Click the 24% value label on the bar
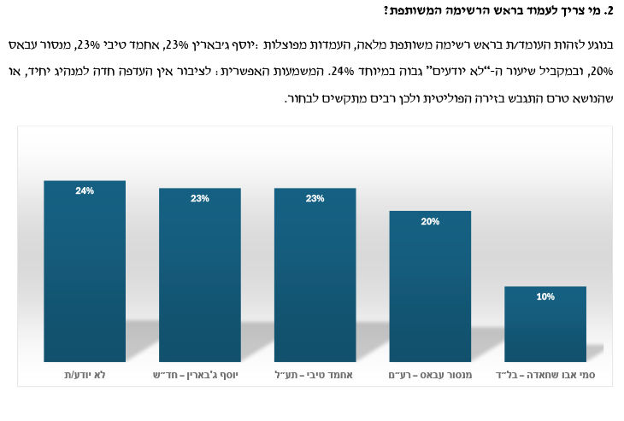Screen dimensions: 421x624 (84, 191)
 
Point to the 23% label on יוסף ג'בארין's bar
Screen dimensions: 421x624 (199, 199)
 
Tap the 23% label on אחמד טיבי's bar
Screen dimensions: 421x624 (315, 199)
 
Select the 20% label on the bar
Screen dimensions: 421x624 (430, 221)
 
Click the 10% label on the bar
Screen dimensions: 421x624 (545, 296)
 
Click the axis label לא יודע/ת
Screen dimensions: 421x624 (84, 376)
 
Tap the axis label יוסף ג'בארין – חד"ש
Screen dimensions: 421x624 (199, 376)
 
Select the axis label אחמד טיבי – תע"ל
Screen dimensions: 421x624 (315, 376)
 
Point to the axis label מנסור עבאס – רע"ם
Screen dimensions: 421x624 (430, 376)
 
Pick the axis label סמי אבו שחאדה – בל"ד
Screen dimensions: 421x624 (545, 376)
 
